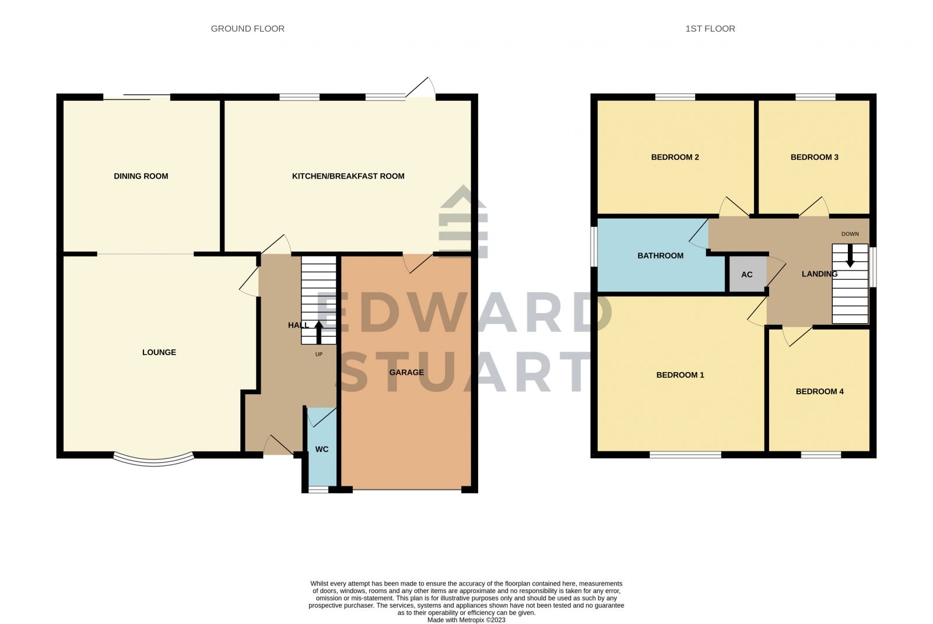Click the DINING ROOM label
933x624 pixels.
pos(141,176)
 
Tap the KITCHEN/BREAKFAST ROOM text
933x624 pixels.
pos(348,176)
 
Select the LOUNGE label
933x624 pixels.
pos(159,352)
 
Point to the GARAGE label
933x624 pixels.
pos(406,372)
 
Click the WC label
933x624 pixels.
pos(322,449)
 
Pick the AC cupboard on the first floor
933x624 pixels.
pos(747,275)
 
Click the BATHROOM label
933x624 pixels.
pos(660,255)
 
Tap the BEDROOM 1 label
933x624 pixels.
pos(680,375)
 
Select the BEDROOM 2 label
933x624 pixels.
pos(675,157)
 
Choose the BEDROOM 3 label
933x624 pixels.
pos(814,157)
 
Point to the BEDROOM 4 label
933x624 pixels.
pos(819,391)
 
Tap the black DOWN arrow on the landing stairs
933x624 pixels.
pos(850,255)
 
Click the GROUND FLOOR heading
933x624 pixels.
pos(248,29)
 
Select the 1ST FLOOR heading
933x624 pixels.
pos(710,29)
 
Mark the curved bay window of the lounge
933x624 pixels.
pos(153,460)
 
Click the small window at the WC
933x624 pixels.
pos(318,490)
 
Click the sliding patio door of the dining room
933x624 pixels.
pos(137,97)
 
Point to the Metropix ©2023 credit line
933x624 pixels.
pos(466,620)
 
